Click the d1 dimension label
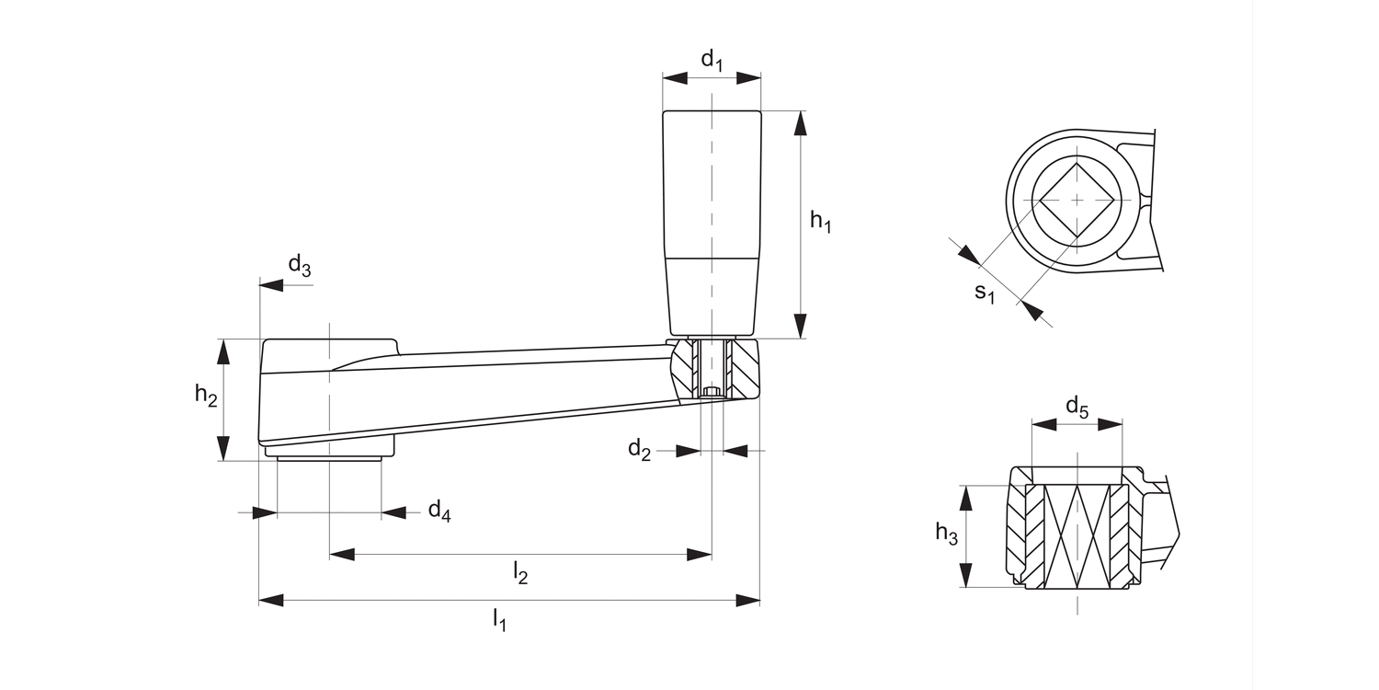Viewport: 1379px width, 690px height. pyautogui.click(x=712, y=61)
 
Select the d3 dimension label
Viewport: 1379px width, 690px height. pyautogui.click(x=300, y=267)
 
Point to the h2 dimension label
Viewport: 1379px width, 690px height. pyautogui.click(x=206, y=396)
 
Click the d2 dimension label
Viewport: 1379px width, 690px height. pyautogui.click(x=640, y=450)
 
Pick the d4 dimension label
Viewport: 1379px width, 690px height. pyautogui.click(x=439, y=512)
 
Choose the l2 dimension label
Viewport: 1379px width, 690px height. pyautogui.click(x=520, y=573)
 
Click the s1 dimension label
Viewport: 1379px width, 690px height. pyautogui.click(x=985, y=293)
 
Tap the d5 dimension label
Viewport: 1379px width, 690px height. pyautogui.click(x=1077, y=407)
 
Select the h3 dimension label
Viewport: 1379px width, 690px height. pyautogui.click(x=946, y=533)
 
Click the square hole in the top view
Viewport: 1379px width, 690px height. pyautogui.click(x=1077, y=200)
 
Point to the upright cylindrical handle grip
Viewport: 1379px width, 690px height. pyautogui.click(x=712, y=221)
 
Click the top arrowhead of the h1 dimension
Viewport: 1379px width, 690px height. pyautogui.click(x=801, y=123)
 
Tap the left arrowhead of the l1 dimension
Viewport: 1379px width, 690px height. pyautogui.click(x=271, y=601)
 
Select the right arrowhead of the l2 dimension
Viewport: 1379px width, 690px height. pyautogui.click(x=700, y=555)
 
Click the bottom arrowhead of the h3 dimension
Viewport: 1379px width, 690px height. pyautogui.click(x=965, y=575)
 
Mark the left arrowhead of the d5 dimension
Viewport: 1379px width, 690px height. pyautogui.click(x=1043, y=425)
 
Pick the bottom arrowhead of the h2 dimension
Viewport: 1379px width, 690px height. pyautogui.click(x=222, y=448)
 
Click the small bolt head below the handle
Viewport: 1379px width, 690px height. pyautogui.click(x=712, y=393)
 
